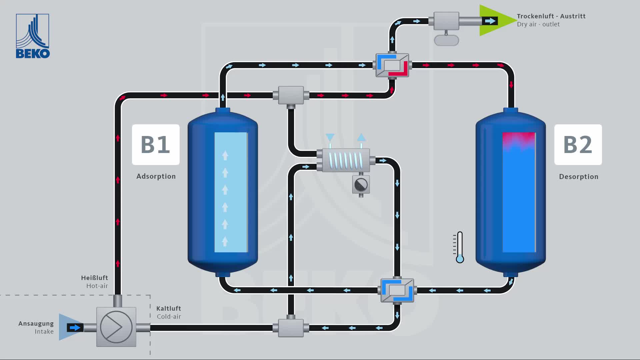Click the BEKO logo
[x=33, y=36]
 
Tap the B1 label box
[x=156, y=145]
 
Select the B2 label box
[x=578, y=145]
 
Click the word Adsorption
[x=156, y=176]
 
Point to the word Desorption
[x=579, y=177]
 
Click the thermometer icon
[x=460, y=247]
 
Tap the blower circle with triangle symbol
[x=116, y=327]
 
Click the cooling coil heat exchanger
[x=346, y=160]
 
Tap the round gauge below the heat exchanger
[x=361, y=185]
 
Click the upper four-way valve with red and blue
[x=392, y=65]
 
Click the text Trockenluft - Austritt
[x=551, y=16]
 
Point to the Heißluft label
[x=94, y=278]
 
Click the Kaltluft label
[x=169, y=309]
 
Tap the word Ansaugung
[x=36, y=324]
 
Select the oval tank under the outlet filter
[x=446, y=41]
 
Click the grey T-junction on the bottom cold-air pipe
[x=291, y=328]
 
